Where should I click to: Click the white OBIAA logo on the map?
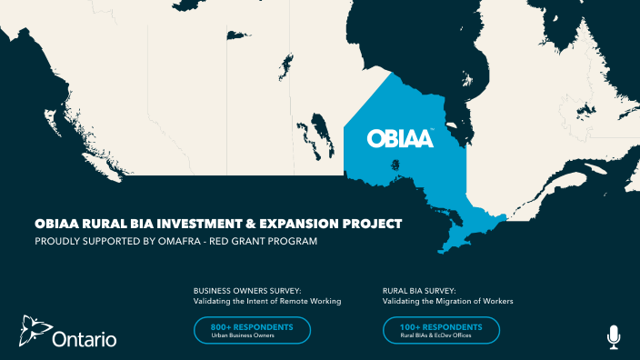tap(400, 138)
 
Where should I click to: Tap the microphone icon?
tap(614, 335)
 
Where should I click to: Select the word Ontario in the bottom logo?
tap(85, 340)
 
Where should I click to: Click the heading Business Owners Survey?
tap(241, 291)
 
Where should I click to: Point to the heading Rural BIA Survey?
tap(419, 291)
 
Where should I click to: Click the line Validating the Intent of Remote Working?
tap(267, 301)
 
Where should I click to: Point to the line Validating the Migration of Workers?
tap(449, 301)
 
